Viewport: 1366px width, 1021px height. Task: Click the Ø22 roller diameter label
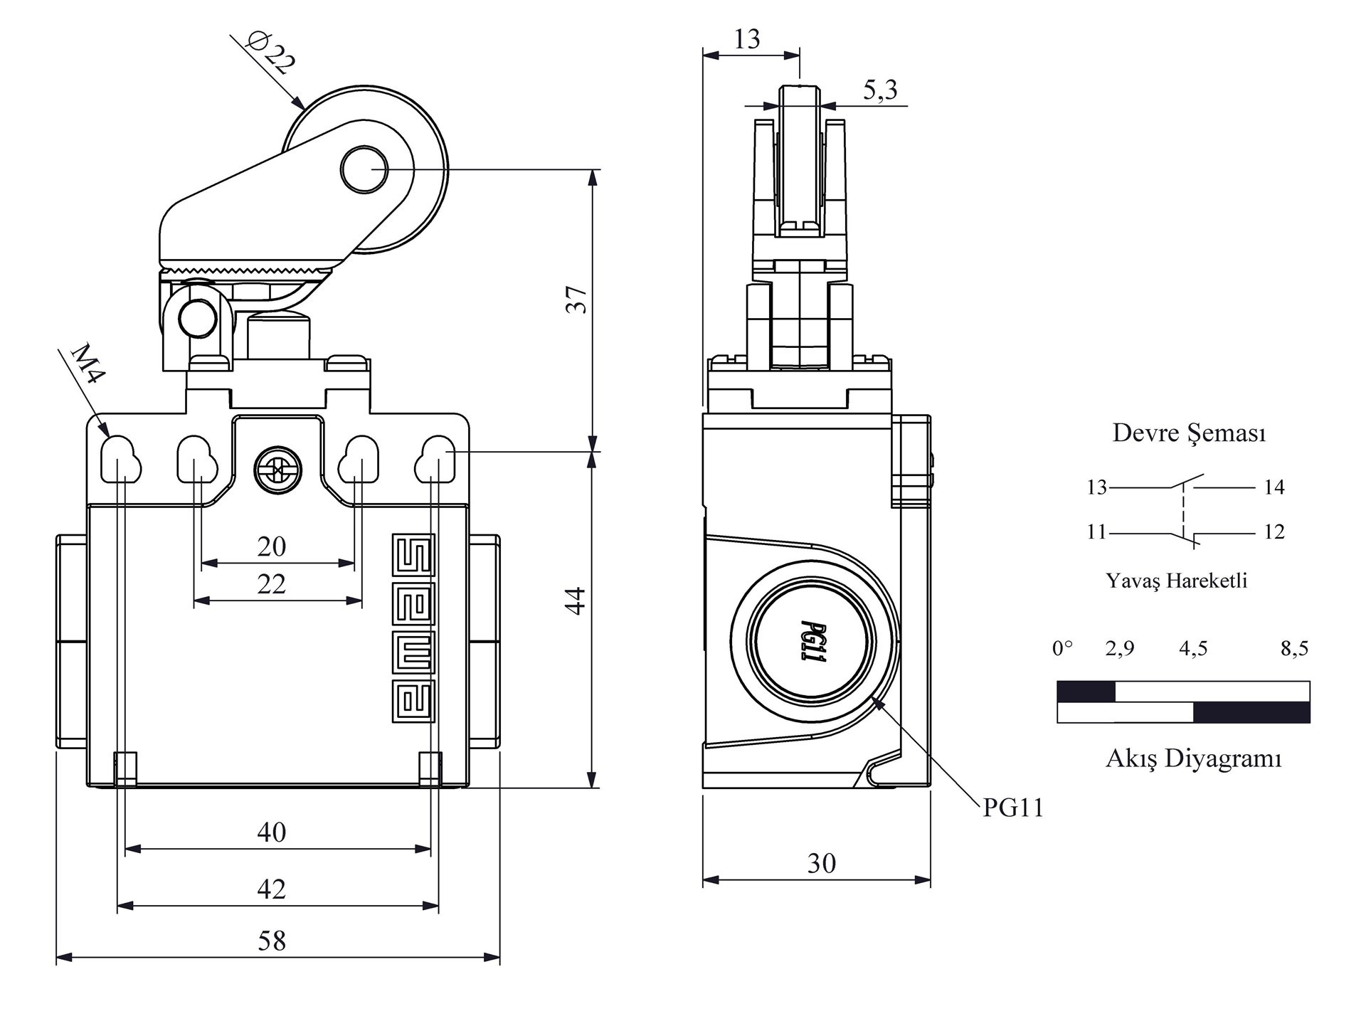tap(270, 52)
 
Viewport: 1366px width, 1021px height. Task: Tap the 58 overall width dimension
tap(272, 941)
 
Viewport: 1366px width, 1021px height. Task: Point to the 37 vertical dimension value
tap(576, 300)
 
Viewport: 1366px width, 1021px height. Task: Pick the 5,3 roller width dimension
tap(880, 90)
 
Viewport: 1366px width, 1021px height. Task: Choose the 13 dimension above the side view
tap(747, 38)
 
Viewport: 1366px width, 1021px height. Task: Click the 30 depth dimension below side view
tap(821, 863)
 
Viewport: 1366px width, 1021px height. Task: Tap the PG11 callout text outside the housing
tap(1013, 808)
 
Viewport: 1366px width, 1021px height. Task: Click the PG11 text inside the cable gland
tap(812, 642)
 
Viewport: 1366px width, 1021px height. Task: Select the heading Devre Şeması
tap(1189, 433)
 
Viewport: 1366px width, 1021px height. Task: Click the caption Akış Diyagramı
tap(1193, 758)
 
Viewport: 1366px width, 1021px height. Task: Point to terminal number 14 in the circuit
tap(1274, 487)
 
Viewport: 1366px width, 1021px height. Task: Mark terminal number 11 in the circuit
tap(1096, 531)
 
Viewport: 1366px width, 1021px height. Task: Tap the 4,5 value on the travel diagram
tap(1193, 648)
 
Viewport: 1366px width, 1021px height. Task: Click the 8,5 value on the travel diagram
tap(1294, 648)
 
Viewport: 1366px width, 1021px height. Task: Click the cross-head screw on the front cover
tap(278, 470)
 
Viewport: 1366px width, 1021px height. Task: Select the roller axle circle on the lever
tap(364, 169)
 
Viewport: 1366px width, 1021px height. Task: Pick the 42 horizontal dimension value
tap(272, 889)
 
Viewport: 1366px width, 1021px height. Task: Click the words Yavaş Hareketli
tap(1176, 581)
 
